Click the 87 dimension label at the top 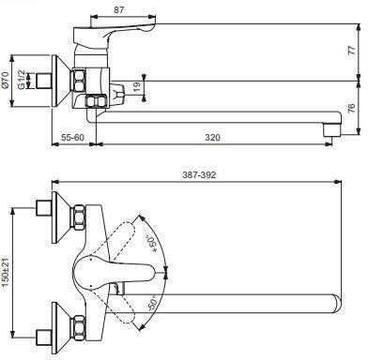118,9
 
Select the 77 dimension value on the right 352,50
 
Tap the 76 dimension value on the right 352,108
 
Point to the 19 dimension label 137,87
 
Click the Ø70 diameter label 5,80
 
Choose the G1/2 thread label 21,80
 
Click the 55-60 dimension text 72,137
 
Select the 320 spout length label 212,137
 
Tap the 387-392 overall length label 199,174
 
